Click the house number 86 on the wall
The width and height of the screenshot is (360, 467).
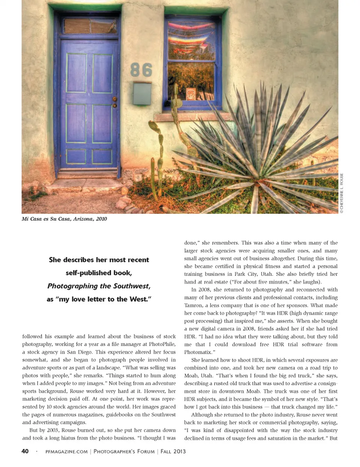click(x=141, y=70)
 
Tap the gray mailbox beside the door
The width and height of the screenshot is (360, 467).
click(x=142, y=94)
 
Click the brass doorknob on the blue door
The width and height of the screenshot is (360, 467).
click(x=115, y=100)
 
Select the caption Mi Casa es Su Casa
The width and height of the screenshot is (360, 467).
click(x=64, y=219)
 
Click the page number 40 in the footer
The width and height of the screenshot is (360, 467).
click(x=25, y=451)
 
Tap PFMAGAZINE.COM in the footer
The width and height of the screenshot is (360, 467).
click(x=66, y=452)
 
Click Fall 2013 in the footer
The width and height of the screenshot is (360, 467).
click(x=173, y=452)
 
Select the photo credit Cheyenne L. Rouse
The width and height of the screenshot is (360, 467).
click(x=342, y=193)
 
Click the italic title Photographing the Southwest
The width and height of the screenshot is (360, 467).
click(x=99, y=286)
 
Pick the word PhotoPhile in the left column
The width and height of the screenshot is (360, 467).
click(x=162, y=344)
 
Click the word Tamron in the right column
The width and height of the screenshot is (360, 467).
click(x=193, y=305)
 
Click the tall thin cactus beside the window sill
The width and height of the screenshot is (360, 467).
click(x=175, y=116)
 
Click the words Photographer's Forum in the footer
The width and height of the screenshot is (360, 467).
click(x=124, y=452)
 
